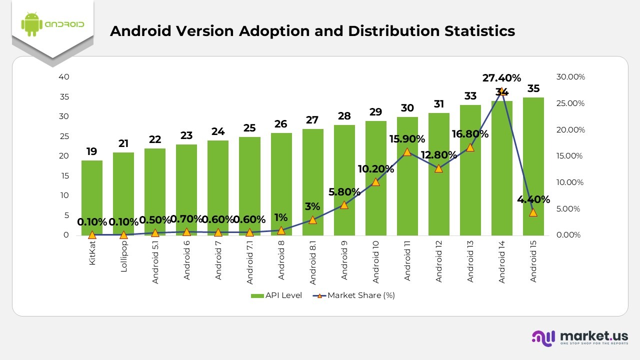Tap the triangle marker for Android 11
[x=407, y=152]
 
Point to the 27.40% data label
[x=501, y=78]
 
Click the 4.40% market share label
[x=533, y=199]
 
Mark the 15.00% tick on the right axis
[x=569, y=156]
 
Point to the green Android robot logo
[x=31, y=24]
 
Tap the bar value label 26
[x=281, y=124]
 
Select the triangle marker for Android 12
[x=438, y=168]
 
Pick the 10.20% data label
[x=376, y=169]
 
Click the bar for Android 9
[x=344, y=170]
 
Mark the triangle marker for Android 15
[x=533, y=212]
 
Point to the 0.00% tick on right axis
[x=569, y=235]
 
